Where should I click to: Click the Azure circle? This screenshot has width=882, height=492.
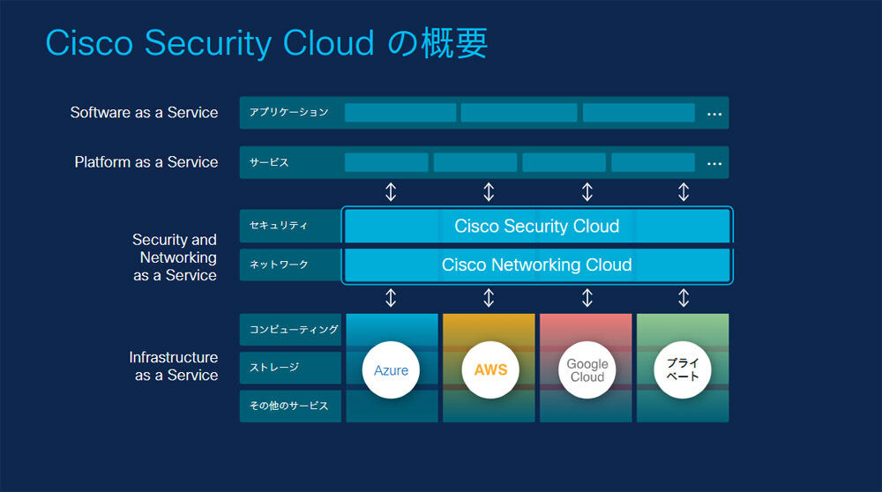[x=391, y=370]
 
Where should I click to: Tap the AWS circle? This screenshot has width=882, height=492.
[x=490, y=370]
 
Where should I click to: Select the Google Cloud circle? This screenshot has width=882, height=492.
[x=587, y=370]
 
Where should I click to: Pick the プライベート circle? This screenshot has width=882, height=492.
[x=683, y=370]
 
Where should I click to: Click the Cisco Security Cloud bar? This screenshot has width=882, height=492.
[x=537, y=226]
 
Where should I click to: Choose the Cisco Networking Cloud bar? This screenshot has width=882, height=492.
[x=537, y=265]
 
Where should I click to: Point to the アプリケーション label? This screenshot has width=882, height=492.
[x=288, y=113]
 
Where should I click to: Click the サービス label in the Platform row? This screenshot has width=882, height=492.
[x=269, y=162]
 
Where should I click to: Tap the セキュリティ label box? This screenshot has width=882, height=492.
[x=290, y=226]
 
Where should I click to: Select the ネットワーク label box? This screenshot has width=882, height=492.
[x=290, y=265]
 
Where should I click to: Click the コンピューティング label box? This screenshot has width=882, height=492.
[x=290, y=330]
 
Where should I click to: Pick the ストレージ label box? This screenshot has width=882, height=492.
[x=290, y=368]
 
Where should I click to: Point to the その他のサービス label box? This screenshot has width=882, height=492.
[x=290, y=406]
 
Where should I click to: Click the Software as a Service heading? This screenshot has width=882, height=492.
[x=144, y=113]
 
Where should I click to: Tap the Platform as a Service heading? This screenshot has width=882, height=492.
[x=146, y=162]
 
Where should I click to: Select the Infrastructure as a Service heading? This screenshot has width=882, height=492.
[x=173, y=366]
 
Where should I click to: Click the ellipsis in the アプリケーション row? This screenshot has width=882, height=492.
[x=714, y=114]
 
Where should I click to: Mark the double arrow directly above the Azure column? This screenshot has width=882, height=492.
[x=391, y=297]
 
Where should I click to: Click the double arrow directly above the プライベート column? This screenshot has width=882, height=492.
[x=684, y=297]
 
